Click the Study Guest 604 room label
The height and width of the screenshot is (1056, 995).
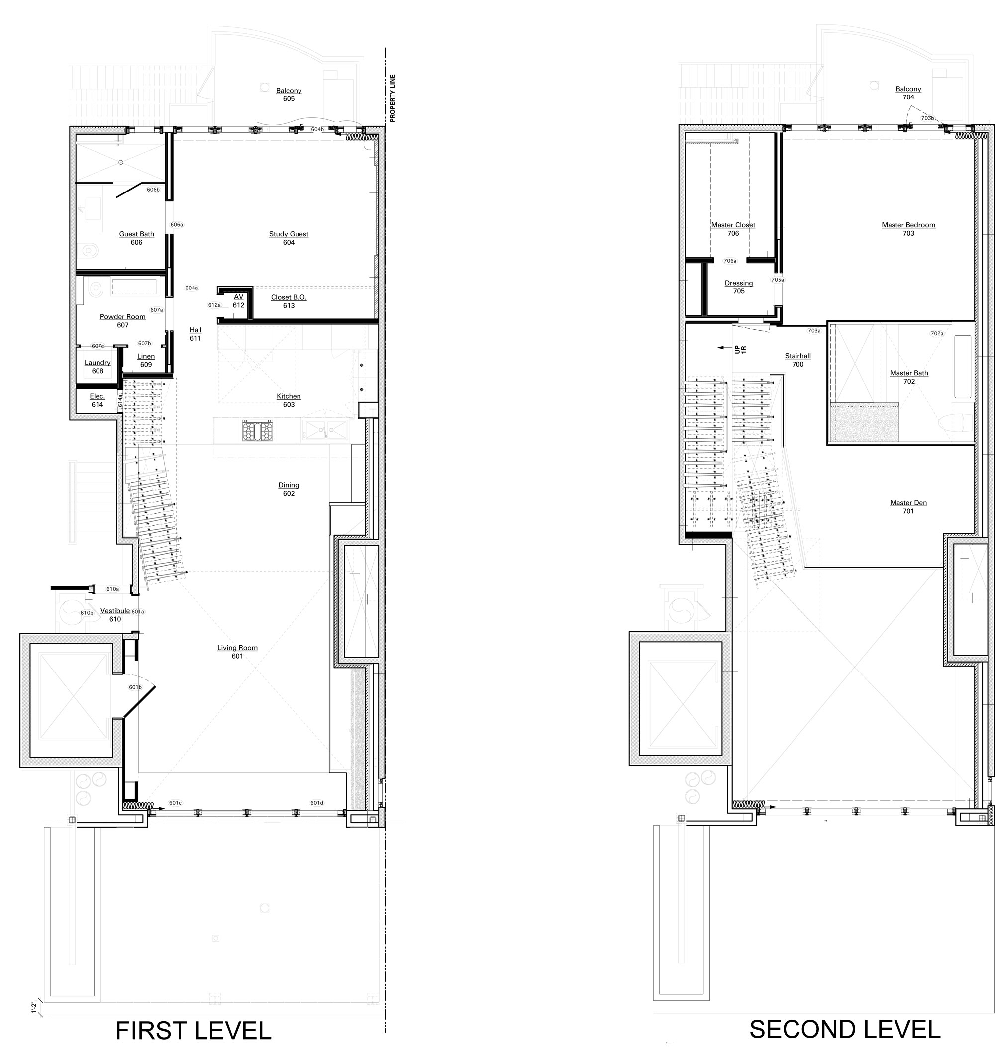[x=289, y=238]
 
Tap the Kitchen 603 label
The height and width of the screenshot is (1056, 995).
[x=289, y=400]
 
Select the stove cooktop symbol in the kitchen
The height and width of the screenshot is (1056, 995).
[x=258, y=430]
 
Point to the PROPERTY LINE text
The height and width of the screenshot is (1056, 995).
[x=393, y=98]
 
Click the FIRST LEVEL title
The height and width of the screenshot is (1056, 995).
[x=194, y=1031]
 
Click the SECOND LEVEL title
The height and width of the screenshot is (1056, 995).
[x=845, y=1030]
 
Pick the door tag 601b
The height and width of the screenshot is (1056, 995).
[x=135, y=687]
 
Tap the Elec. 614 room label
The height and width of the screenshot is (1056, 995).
[x=97, y=400]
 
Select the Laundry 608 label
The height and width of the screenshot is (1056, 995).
[x=98, y=367]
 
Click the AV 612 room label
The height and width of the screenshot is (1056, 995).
[x=238, y=301]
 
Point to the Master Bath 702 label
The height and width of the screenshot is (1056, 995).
[x=909, y=377]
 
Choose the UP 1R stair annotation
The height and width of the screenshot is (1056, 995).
[x=740, y=349]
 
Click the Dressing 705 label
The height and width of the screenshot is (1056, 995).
[x=739, y=287]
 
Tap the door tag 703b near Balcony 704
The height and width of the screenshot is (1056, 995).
[x=927, y=118]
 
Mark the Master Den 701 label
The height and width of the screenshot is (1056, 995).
[x=908, y=507]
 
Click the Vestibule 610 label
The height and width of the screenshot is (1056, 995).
[x=115, y=615]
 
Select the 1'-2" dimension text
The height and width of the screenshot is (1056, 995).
[x=33, y=1007]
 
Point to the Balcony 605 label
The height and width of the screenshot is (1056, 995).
[x=289, y=95]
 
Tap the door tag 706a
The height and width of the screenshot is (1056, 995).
[x=730, y=261]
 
